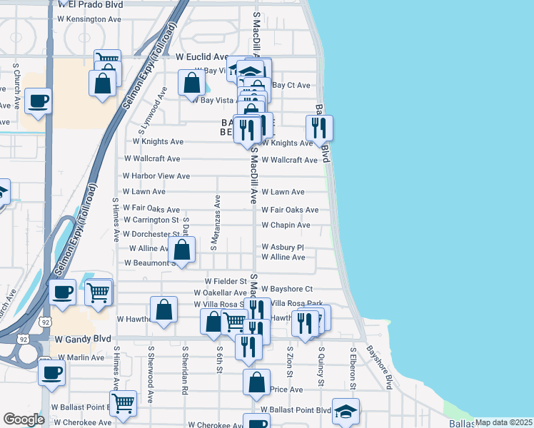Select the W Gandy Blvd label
(x=84, y=339)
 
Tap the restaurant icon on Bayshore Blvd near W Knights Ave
(x=319, y=128)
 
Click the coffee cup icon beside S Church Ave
(x=38, y=101)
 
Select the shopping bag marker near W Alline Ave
(x=182, y=250)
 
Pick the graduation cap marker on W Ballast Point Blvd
(x=346, y=411)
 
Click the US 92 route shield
(x=46, y=322)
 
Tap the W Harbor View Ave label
(x=156, y=175)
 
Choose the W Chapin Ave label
(x=286, y=225)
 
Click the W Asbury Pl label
(x=283, y=247)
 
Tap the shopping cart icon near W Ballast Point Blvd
(x=124, y=402)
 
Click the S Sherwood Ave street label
(x=151, y=374)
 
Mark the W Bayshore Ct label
(x=286, y=289)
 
